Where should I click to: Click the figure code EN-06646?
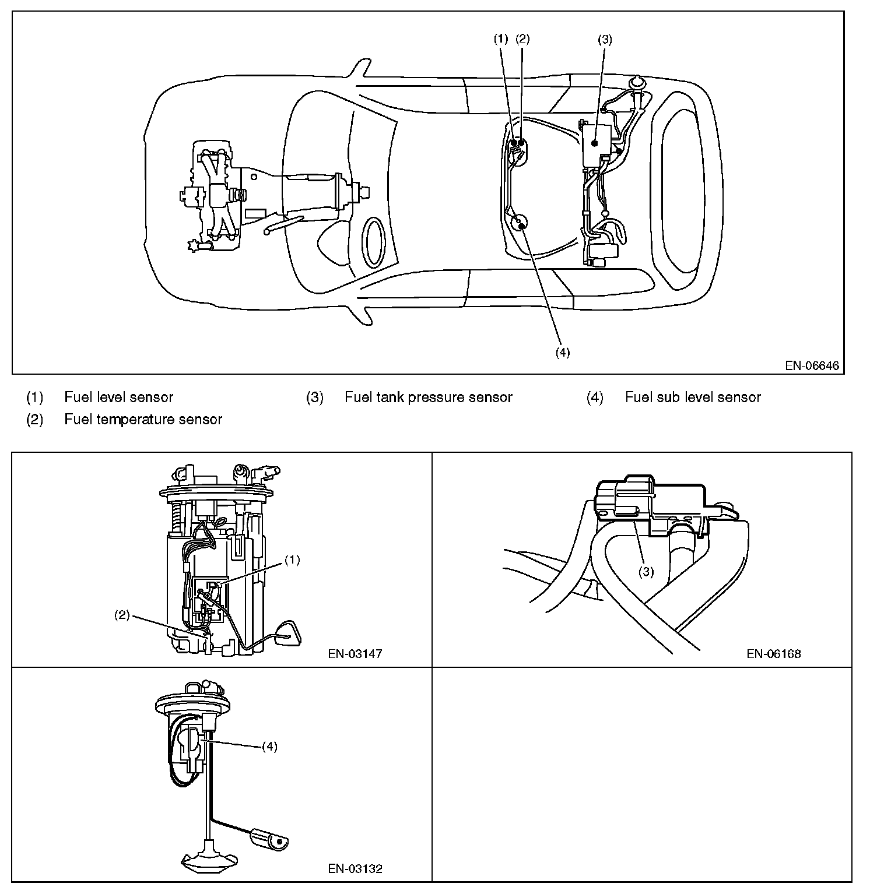[x=812, y=366]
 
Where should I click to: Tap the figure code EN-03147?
[x=355, y=653]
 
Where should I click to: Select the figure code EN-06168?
[x=773, y=653]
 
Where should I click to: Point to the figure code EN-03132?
[x=355, y=868]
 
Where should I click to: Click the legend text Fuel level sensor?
[x=119, y=397]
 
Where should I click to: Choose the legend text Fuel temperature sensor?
[x=143, y=420]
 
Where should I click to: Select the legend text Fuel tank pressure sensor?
[x=429, y=397]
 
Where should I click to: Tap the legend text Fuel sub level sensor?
[x=693, y=397]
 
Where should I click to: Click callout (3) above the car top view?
[x=605, y=40]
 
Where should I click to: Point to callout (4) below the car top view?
[x=562, y=353]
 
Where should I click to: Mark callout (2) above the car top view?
[x=522, y=39]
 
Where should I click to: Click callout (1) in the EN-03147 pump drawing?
[x=292, y=559]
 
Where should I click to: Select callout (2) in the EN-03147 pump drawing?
[x=121, y=615]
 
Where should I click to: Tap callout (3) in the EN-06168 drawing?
[x=646, y=572]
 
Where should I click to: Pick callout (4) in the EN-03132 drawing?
[x=269, y=747]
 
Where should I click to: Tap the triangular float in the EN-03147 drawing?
[x=288, y=634]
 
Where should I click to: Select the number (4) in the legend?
[x=595, y=397]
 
